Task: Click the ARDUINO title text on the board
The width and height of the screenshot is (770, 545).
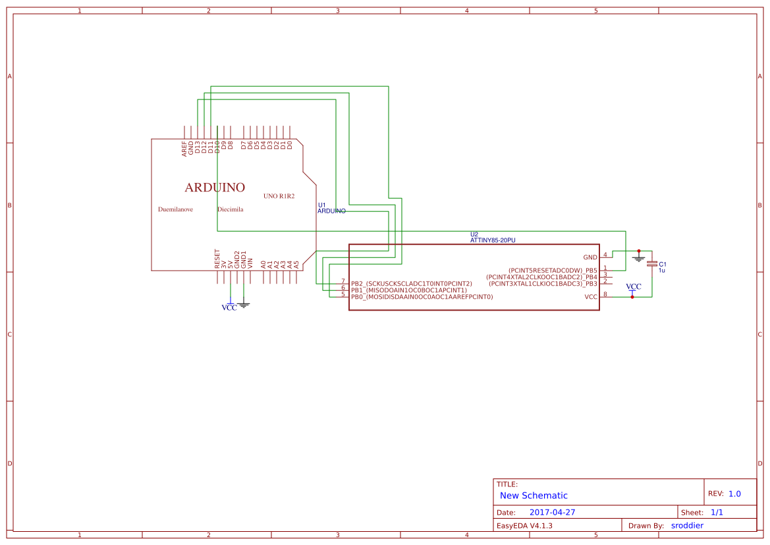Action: click(x=215, y=188)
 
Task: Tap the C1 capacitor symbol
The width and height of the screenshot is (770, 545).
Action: click(x=652, y=263)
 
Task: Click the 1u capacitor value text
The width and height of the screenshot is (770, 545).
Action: click(x=661, y=271)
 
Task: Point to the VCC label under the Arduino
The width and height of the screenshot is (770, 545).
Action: click(x=229, y=307)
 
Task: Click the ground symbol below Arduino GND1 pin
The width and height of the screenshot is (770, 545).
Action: click(x=244, y=304)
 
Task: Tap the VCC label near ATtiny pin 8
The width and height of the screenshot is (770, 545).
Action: click(x=633, y=287)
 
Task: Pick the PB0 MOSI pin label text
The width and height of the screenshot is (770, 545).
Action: click(x=422, y=297)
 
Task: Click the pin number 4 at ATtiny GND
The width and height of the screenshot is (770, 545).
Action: click(x=605, y=255)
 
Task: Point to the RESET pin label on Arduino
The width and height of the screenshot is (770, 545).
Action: click(x=217, y=258)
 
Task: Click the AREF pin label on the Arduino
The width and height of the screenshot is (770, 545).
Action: click(x=184, y=149)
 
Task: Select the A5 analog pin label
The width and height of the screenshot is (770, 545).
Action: click(x=296, y=264)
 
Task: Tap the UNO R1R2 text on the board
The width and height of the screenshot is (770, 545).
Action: click(x=279, y=196)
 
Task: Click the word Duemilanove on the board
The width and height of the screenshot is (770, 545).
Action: click(x=175, y=209)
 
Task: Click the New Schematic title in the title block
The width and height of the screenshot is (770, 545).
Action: click(x=534, y=496)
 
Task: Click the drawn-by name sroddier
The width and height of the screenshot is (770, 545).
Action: click(x=687, y=525)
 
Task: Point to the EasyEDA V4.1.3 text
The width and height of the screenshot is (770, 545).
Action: click(x=524, y=525)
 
